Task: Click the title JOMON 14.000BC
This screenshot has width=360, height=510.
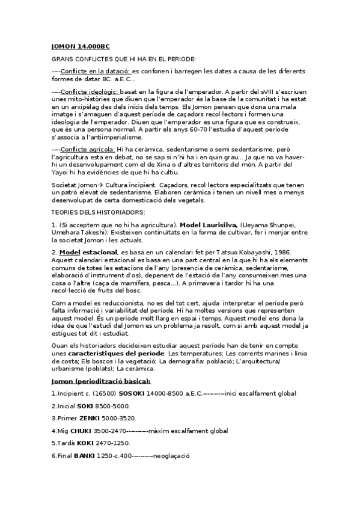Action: click(81, 46)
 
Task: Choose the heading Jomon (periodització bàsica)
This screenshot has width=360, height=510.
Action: click(100, 381)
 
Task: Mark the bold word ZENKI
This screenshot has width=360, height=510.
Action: click(88, 418)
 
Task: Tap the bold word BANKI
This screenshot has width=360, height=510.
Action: click(85, 455)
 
